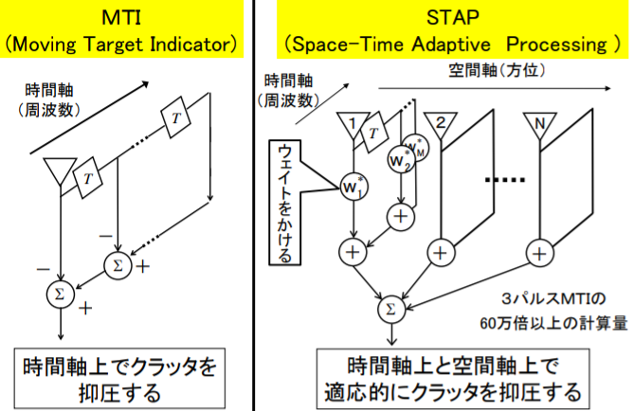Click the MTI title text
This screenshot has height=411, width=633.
coord(126,17)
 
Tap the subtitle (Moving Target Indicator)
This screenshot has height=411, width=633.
coord(126,43)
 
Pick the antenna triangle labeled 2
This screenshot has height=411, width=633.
coord(439,125)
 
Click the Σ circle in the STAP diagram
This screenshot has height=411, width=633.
coord(389,307)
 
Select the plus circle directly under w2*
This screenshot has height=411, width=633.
coord(400,214)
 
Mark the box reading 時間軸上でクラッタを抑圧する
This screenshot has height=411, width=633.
coord(126,376)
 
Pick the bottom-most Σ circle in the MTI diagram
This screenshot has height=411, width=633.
coord(60,295)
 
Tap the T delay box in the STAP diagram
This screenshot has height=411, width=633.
coord(375,134)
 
